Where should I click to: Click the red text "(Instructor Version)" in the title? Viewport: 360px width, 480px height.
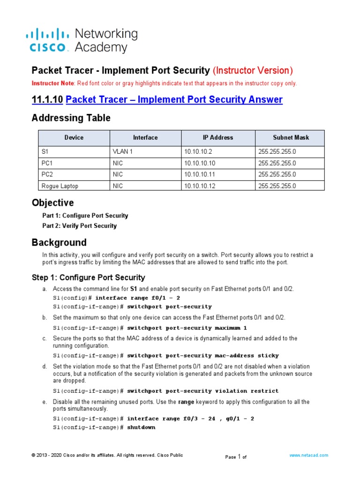[253, 70]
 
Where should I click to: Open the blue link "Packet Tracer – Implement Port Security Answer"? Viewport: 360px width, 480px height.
[174, 99]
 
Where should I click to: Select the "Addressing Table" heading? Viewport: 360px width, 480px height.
[71, 118]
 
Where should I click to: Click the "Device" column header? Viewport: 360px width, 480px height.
[74, 137]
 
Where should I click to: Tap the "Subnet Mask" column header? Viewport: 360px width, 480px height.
[291, 137]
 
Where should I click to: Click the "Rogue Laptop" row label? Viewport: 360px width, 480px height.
[60, 186]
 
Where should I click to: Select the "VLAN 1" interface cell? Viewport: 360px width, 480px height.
[123, 151]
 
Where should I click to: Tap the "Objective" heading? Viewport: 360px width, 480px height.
[52, 203]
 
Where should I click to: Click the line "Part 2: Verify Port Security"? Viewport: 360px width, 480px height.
[79, 226]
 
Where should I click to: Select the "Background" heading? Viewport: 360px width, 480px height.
[59, 243]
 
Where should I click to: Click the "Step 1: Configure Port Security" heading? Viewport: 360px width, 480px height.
[88, 277]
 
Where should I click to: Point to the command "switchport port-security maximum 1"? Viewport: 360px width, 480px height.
[187, 328]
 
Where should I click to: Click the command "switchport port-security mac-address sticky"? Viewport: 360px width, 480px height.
[202, 355]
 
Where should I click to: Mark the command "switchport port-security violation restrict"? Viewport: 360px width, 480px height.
[202, 390]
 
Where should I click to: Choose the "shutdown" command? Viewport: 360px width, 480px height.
[141, 427]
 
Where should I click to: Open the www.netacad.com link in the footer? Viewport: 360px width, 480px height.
[308, 455]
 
